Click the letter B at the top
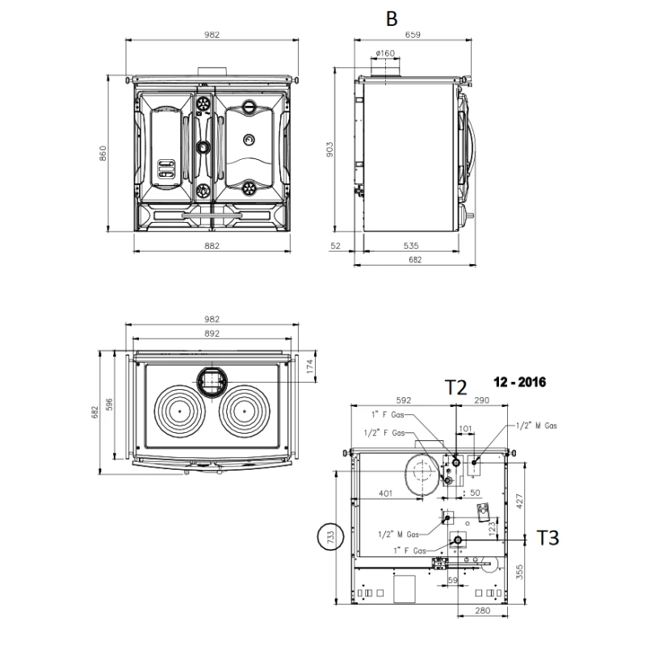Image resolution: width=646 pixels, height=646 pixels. coord(392,18)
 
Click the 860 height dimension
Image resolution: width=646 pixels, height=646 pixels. coord(103,153)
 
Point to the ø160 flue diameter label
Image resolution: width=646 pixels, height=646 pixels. coord(385,53)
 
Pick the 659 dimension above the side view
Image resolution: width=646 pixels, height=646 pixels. coord(414,35)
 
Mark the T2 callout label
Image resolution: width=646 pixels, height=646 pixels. coord(456,388)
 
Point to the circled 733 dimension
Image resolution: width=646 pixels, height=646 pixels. coord(329,537)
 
